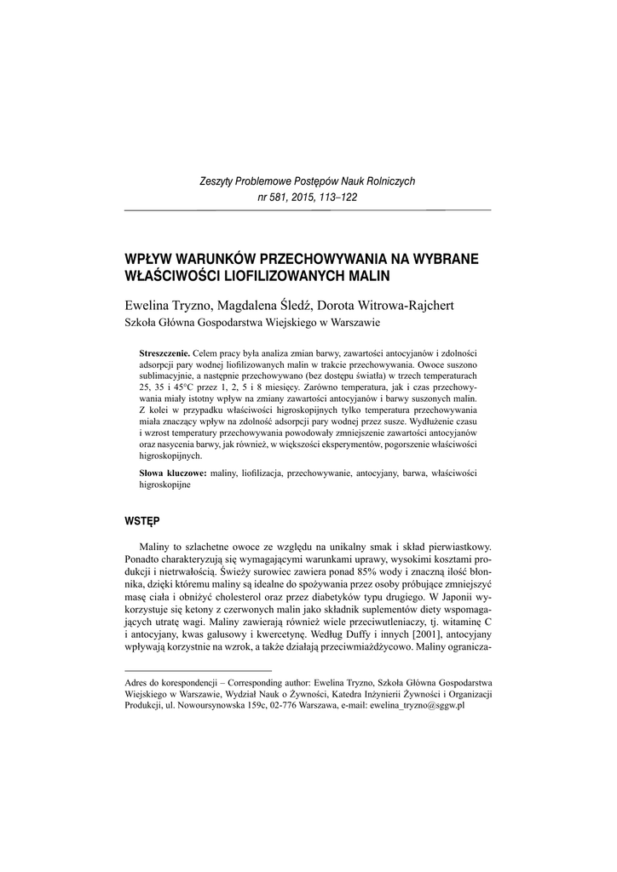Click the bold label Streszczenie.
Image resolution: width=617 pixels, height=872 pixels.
[164, 352]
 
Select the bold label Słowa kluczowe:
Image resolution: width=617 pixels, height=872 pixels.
[172, 472]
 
